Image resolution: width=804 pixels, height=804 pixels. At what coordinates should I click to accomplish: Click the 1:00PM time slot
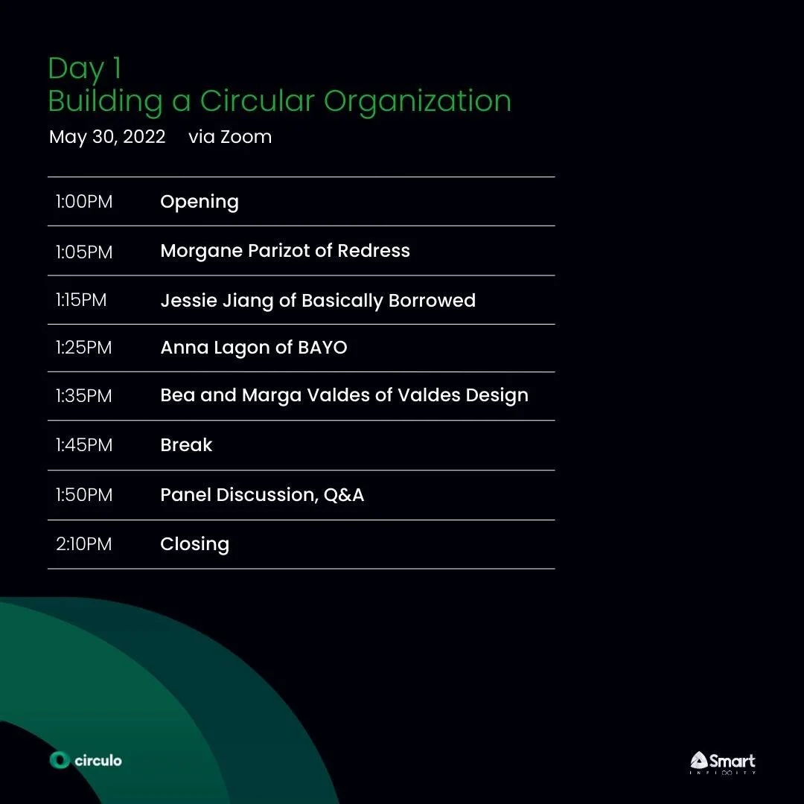click(84, 202)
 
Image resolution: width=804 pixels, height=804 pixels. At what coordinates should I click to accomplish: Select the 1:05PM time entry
click(84, 252)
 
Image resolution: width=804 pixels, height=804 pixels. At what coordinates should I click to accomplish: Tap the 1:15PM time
click(81, 300)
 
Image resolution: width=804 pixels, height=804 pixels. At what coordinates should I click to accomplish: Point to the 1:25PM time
click(84, 348)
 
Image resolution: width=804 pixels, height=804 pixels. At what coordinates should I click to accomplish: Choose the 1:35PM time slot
click(84, 395)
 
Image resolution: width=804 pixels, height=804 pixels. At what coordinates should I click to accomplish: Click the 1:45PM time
click(84, 445)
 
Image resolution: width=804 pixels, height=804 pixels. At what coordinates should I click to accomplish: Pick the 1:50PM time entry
click(84, 495)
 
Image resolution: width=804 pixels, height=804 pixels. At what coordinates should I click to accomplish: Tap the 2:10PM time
click(84, 544)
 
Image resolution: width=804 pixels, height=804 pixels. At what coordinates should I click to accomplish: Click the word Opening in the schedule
click(200, 202)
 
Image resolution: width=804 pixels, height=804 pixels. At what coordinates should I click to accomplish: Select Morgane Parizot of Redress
click(285, 251)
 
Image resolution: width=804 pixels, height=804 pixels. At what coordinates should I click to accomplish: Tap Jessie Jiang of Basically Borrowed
click(318, 301)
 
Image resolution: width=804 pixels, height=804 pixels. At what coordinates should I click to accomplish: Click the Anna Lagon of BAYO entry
click(254, 348)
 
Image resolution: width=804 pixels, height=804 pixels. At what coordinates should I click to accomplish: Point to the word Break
click(186, 445)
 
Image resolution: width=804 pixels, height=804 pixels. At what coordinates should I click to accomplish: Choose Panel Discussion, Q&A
click(262, 495)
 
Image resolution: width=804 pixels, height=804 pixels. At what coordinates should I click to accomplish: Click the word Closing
click(194, 545)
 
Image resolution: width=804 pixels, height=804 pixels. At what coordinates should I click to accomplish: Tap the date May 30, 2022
click(107, 137)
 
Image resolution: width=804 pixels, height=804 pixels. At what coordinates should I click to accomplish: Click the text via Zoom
click(230, 137)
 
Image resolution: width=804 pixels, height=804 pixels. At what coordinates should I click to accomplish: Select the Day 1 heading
click(85, 68)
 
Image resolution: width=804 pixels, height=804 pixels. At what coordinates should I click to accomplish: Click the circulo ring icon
click(60, 760)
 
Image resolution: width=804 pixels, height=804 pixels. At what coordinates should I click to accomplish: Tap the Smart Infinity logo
click(722, 762)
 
